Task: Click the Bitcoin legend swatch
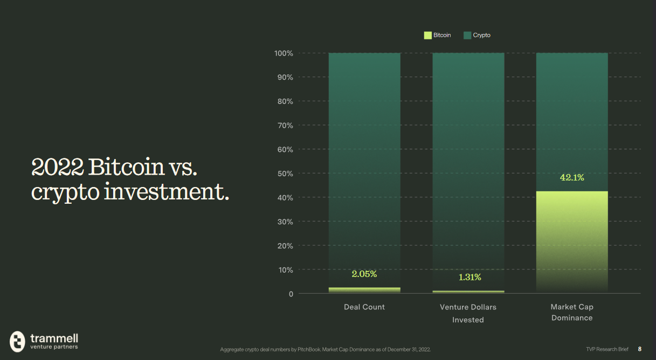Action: [x=428, y=35]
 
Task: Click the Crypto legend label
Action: [x=481, y=35]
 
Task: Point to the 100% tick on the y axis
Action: [x=283, y=53]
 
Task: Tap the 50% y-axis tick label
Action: [x=285, y=174]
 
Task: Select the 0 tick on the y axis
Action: [x=291, y=294]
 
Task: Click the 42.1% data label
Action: [x=572, y=177]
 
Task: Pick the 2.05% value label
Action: [x=364, y=274]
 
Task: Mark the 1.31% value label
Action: [x=469, y=277]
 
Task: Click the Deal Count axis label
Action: [x=364, y=307]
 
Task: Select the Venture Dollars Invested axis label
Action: [x=468, y=313]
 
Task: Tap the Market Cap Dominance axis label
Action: [x=572, y=312]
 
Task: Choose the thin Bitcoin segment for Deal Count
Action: [x=364, y=290]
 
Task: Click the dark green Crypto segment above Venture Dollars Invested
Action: [x=468, y=162]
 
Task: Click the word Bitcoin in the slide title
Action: [x=127, y=167]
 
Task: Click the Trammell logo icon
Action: [x=18, y=341]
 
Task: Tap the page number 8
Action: [x=640, y=349]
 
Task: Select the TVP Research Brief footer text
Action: [x=607, y=349]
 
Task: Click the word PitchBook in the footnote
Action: [x=305, y=350]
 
